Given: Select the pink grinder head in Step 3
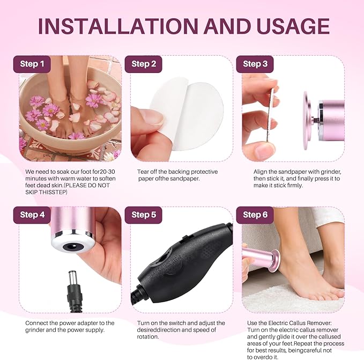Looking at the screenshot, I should pos(322,119).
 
